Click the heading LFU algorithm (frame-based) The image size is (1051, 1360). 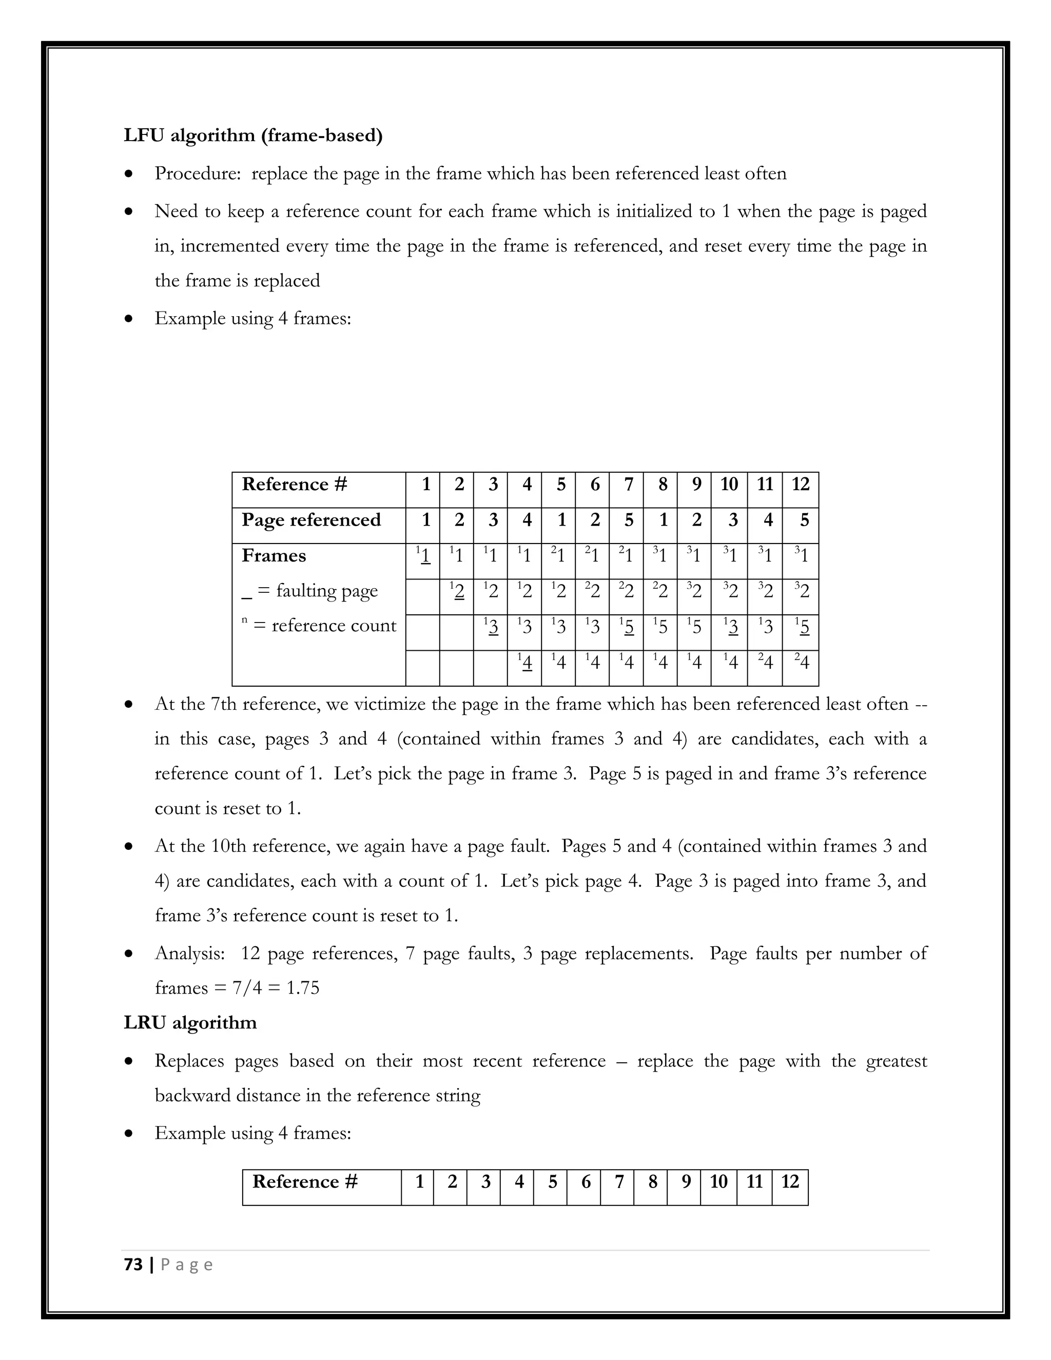coord(253,135)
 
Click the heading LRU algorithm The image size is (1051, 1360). coord(190,1022)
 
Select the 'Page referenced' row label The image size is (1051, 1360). coord(310,520)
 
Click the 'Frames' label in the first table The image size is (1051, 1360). coord(274,555)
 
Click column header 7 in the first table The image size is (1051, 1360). coord(628,484)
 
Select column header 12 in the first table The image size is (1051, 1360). coord(800,484)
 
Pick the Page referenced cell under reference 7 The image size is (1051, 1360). coord(628,520)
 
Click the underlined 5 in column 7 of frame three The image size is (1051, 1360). coord(628,627)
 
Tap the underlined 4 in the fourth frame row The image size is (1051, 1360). coord(527,663)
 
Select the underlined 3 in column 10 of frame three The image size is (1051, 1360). coord(732,627)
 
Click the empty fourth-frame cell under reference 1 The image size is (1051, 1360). coord(422,668)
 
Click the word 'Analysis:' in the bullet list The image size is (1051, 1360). coord(189,954)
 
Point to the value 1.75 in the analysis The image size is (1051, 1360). coord(303,988)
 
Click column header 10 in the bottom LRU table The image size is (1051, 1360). coord(718,1182)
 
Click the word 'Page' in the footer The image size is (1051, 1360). coord(187,1265)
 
